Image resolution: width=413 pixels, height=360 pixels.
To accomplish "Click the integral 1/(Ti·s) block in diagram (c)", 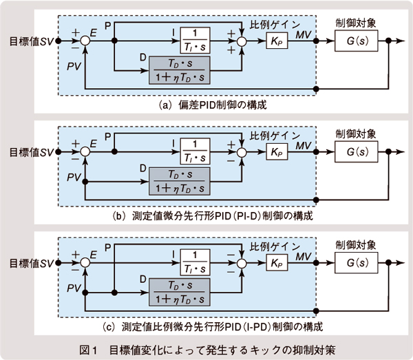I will tap(199, 263).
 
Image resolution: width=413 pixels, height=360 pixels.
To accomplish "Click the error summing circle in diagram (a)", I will tap(85, 41).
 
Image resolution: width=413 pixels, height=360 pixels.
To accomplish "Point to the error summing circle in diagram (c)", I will tap(85, 263).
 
